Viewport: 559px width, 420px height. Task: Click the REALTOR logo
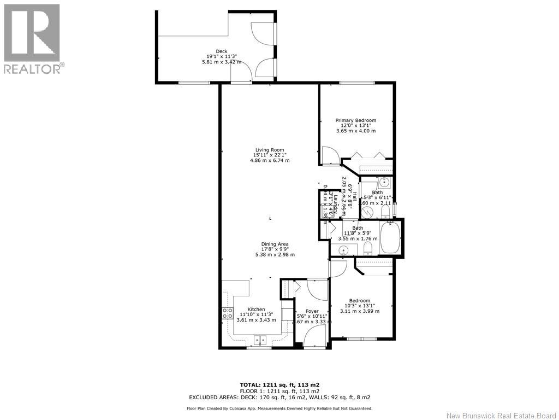33,38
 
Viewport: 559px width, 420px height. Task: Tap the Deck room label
221,51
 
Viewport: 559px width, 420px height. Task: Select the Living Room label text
270,150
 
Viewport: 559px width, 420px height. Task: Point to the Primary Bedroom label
355,120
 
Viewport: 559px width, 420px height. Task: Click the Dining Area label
275,244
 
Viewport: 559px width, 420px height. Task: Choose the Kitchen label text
256,309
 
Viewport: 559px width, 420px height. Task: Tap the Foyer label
312,311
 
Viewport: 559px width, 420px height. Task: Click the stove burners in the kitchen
227,313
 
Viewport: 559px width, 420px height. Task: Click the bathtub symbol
390,238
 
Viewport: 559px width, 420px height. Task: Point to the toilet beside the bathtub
367,249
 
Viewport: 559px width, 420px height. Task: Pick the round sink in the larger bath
343,250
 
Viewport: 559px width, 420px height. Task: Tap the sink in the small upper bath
384,182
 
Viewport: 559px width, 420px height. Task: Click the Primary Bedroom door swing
329,155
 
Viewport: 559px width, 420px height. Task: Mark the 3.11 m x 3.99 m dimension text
359,311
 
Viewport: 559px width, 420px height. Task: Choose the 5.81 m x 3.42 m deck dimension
221,62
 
